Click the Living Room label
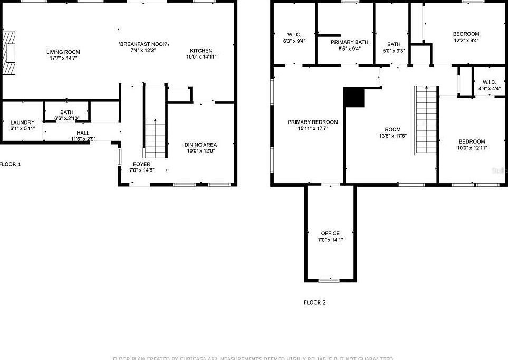[63, 52]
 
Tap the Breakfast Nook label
[144, 43]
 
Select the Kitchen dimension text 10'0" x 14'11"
[201, 57]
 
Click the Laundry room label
[22, 122]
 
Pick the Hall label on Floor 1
[83, 133]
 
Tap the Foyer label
[141, 164]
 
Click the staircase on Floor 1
[155, 137]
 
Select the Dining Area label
[200, 145]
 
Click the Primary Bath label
[349, 42]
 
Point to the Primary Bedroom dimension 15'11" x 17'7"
[313, 129]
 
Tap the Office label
[330, 233]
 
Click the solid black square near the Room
[354, 97]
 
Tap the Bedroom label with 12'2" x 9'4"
[466, 34]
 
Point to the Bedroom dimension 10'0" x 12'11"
[472, 148]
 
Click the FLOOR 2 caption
[314, 302]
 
